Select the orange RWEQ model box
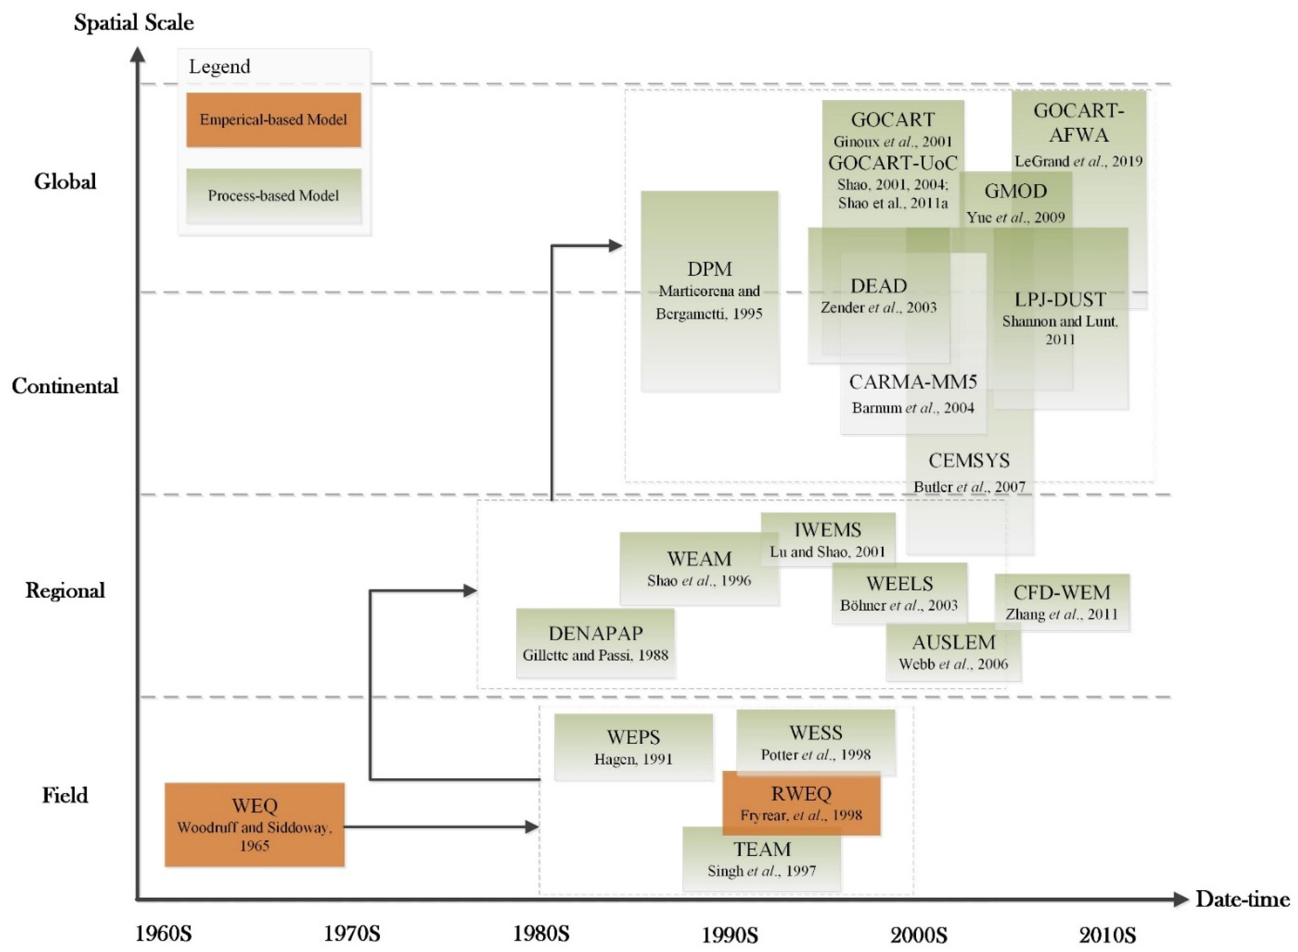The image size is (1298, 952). pyautogui.click(x=801, y=803)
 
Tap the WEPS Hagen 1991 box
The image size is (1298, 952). pyautogui.click(x=633, y=747)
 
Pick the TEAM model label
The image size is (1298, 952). pyautogui.click(x=761, y=849)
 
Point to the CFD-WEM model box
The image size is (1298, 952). pyautogui.click(x=1061, y=602)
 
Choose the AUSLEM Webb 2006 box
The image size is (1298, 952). pyautogui.click(x=953, y=652)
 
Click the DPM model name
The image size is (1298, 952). pyautogui.click(x=709, y=269)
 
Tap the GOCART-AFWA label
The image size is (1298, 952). pyautogui.click(x=1078, y=122)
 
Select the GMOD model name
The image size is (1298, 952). pyautogui.click(x=1015, y=191)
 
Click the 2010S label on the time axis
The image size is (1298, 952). pyautogui.click(x=1107, y=934)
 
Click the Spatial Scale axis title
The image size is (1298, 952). pyautogui.click(x=133, y=22)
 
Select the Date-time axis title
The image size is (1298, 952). pyautogui.click(x=1242, y=899)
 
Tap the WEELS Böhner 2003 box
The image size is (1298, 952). pyautogui.click(x=899, y=593)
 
